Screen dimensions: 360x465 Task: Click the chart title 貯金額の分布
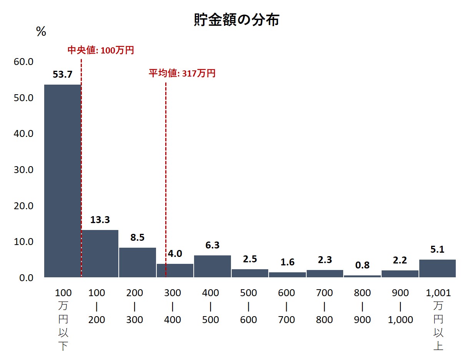[236, 20]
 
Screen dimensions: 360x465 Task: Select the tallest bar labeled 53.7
[62, 181]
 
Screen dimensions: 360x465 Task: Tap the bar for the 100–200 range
[100, 254]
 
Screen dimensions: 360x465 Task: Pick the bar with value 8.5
[137, 262]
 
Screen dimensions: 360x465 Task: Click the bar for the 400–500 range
[212, 266]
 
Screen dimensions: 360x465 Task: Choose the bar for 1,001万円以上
[437, 268]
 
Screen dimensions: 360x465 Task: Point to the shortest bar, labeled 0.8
[362, 276]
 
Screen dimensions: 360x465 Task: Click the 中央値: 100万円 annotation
[101, 50]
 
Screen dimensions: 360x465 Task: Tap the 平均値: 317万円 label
[182, 73]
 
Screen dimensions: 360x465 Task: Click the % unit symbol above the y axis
[41, 32]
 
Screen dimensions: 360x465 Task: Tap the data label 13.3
[100, 220]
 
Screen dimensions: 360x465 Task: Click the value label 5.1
[437, 250]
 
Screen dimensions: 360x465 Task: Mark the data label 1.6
[287, 262]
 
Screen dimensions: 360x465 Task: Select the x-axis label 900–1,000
[400, 307]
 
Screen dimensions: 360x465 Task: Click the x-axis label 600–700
[287, 307]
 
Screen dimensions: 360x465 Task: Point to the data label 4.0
[175, 254]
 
